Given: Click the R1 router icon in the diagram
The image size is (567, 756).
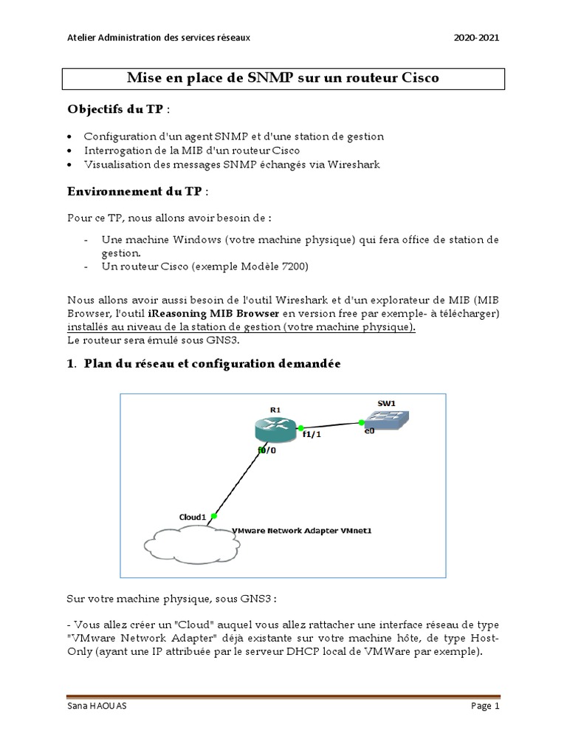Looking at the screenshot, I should click(x=274, y=427).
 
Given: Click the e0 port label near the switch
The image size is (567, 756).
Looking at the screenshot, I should click(x=368, y=431).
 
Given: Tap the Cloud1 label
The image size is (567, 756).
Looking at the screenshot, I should click(x=193, y=516).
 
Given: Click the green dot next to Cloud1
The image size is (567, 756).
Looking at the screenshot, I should click(x=213, y=515).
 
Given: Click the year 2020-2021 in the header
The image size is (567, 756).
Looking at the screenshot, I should click(x=477, y=39).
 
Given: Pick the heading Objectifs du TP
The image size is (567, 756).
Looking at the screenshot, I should click(x=116, y=109).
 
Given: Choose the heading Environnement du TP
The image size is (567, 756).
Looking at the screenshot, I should click(x=134, y=191).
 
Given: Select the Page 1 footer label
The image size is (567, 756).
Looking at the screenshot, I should click(x=485, y=706).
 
